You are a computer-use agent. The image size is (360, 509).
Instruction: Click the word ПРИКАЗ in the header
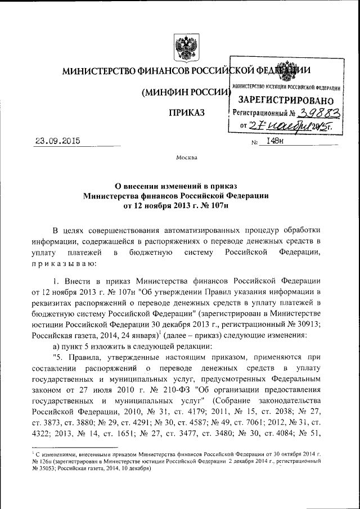[x=186, y=114]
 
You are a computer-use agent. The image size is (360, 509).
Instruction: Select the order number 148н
[x=275, y=142]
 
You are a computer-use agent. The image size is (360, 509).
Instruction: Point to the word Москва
[x=186, y=157]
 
